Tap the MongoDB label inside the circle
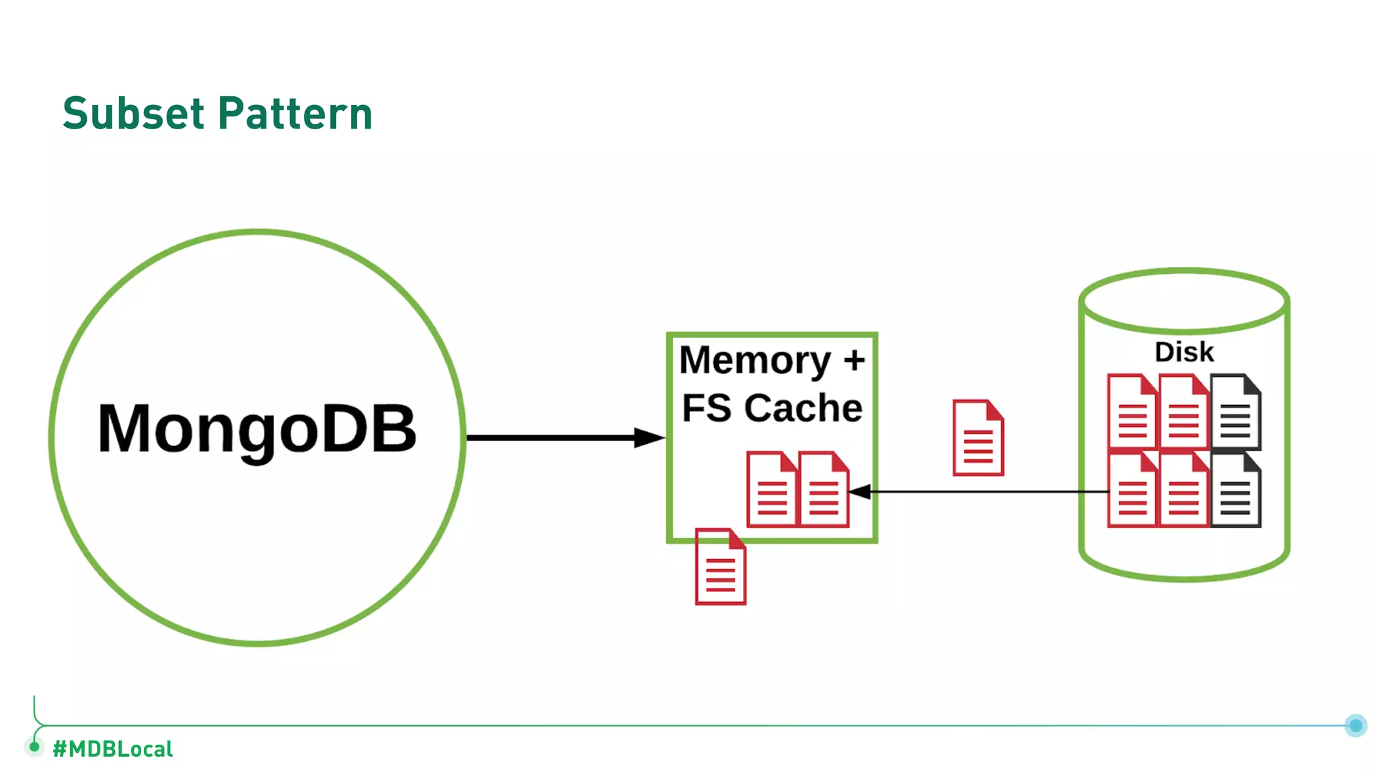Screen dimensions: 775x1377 point(257,429)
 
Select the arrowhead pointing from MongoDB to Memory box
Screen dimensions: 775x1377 point(648,438)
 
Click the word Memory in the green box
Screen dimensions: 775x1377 point(755,361)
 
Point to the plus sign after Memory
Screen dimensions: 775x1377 point(854,361)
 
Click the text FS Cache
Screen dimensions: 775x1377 point(772,408)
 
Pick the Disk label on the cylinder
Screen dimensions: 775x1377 point(1184,352)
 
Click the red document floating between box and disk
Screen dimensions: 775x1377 point(978,438)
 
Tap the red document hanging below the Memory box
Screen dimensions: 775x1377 point(720,566)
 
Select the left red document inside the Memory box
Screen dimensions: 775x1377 point(771,489)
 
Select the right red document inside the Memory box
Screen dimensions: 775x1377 point(824,489)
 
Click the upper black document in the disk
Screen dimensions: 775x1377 point(1236,412)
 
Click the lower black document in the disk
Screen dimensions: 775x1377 point(1236,490)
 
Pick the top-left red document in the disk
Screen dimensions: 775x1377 point(1132,412)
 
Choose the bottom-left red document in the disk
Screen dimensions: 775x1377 point(1132,490)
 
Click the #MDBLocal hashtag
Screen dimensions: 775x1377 point(112,749)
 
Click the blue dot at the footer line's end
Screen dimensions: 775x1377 point(1355,725)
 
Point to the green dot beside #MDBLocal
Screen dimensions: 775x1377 point(34,746)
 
